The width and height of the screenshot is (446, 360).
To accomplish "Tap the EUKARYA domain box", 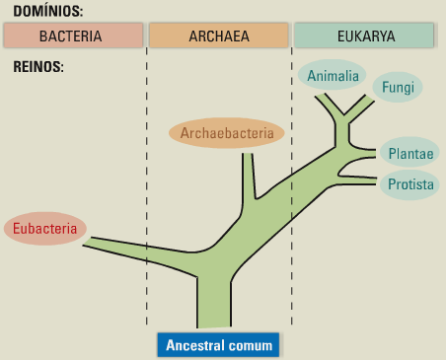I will coord(364,36).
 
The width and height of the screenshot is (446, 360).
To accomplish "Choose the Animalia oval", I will coord(333,76).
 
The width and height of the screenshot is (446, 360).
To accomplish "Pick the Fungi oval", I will coord(398,88).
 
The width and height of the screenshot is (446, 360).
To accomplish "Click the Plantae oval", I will coord(410,153).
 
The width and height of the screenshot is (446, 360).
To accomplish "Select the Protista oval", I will coord(410,183).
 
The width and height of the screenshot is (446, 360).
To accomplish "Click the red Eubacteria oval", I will coord(44,229).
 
